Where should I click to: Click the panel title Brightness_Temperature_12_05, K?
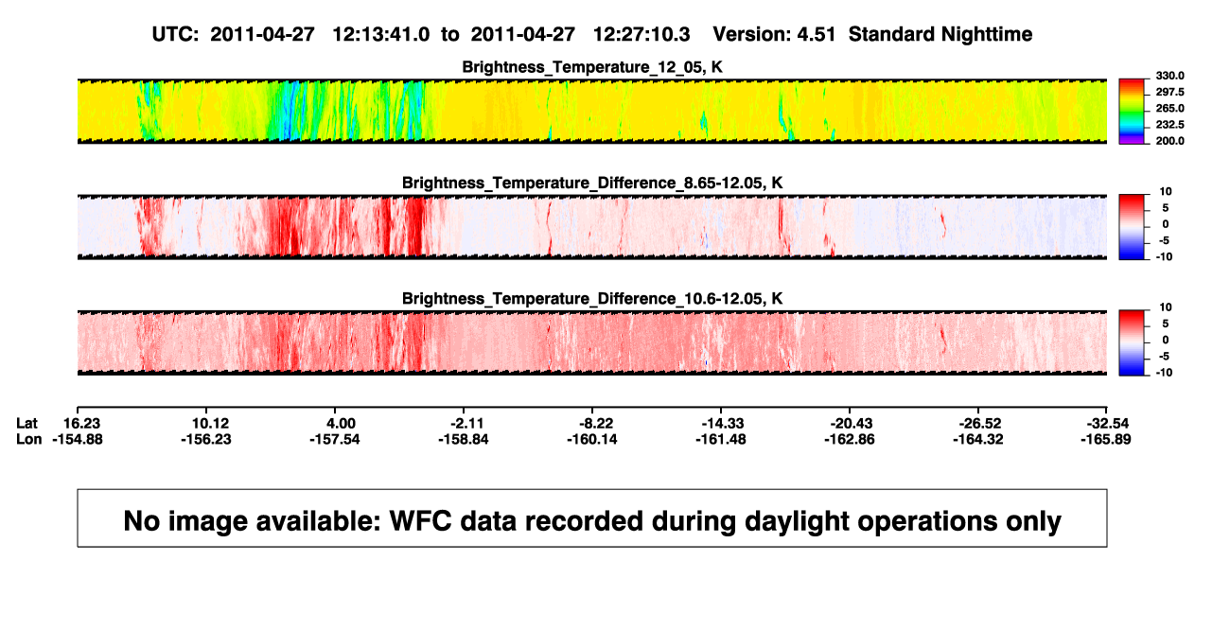(x=592, y=67)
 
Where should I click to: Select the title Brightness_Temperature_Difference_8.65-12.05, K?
(x=592, y=183)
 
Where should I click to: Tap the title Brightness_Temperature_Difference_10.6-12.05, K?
(x=592, y=299)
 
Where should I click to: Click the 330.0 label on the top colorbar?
(x=1169, y=76)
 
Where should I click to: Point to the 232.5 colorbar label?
(x=1169, y=125)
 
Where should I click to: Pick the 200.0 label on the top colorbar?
(x=1169, y=141)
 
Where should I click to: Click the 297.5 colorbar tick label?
(x=1169, y=92)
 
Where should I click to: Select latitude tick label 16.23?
(x=81, y=424)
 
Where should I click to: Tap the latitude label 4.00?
(x=341, y=424)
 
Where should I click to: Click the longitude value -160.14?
(x=592, y=439)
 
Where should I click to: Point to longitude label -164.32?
(x=978, y=439)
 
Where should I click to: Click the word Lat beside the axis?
(x=26, y=424)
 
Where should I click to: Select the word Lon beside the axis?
(x=28, y=439)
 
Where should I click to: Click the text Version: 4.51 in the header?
(x=774, y=34)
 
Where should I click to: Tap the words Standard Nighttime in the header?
(x=940, y=34)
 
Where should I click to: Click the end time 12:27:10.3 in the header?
(x=641, y=34)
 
